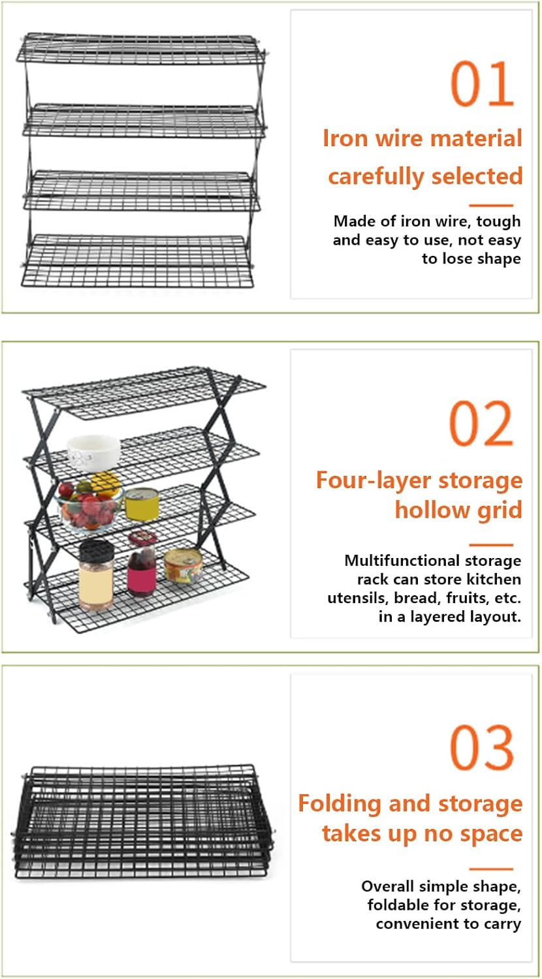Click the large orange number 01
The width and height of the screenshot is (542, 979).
(x=483, y=84)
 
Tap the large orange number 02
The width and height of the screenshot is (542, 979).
(x=482, y=424)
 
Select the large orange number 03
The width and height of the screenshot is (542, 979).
(x=482, y=748)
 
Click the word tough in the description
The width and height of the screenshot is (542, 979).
(x=498, y=222)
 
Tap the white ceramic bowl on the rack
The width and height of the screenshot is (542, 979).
(x=94, y=452)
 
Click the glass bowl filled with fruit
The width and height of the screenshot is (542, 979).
(x=89, y=505)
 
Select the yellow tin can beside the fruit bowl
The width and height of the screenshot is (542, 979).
(x=141, y=504)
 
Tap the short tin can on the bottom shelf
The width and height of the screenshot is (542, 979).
(x=183, y=565)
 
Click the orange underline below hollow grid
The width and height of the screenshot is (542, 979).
(x=491, y=544)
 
